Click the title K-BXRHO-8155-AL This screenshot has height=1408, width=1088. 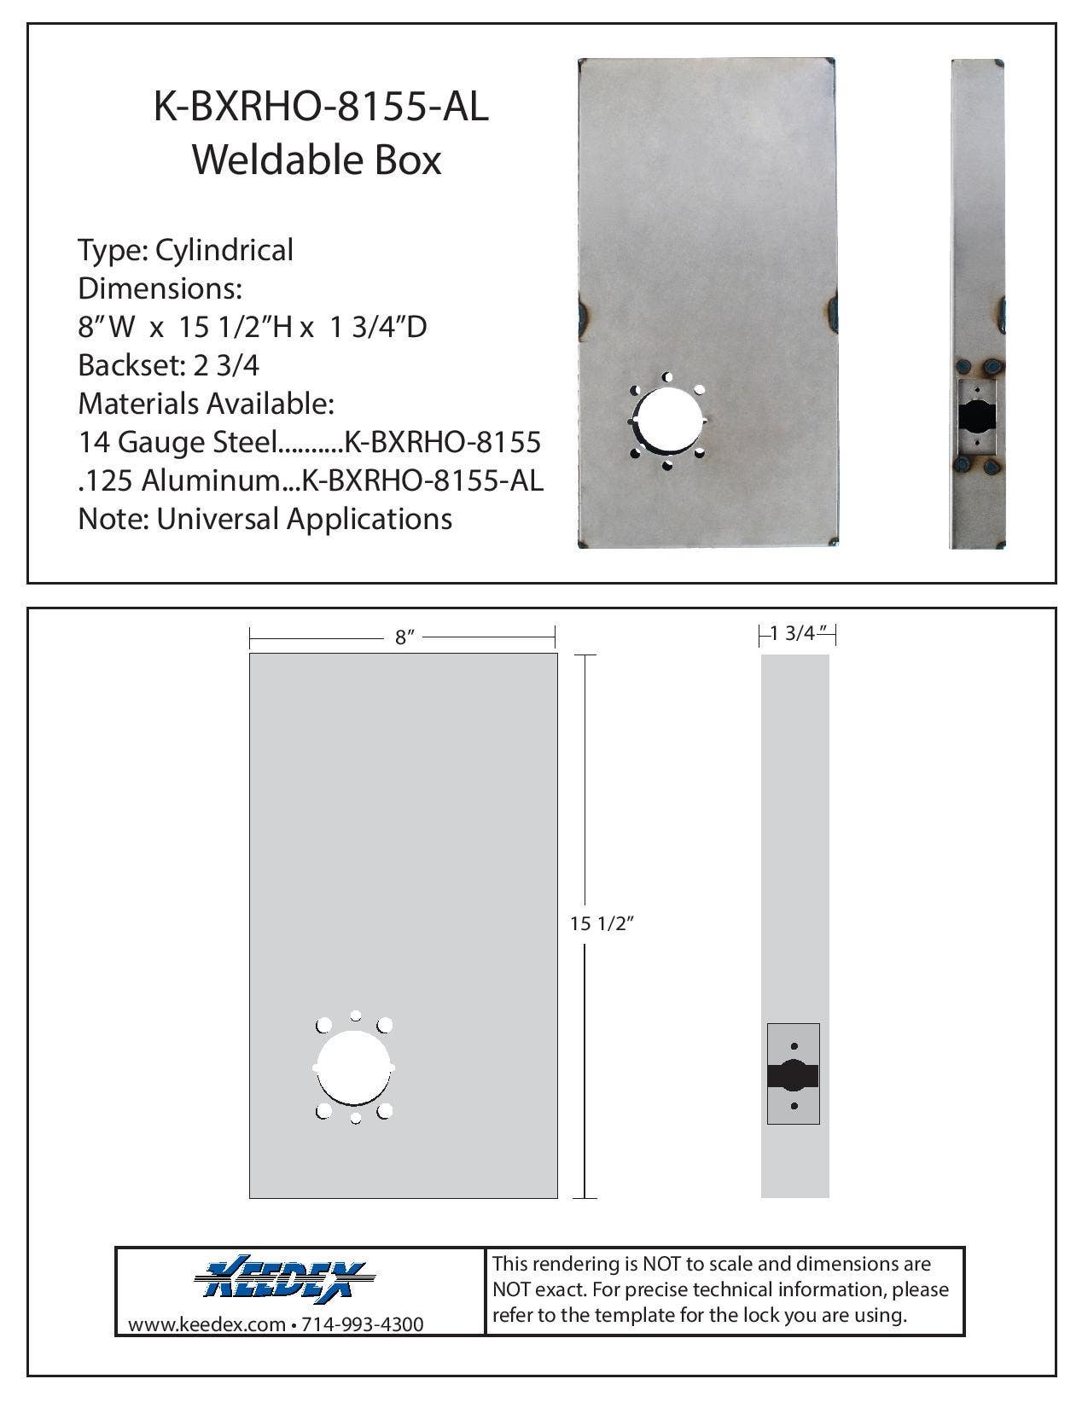321,108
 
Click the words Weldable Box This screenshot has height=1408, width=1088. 317,160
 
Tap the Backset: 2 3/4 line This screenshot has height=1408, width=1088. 168,365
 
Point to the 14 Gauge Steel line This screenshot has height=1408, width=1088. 309,442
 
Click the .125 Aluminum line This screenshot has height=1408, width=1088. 310,480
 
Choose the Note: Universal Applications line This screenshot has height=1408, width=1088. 265,519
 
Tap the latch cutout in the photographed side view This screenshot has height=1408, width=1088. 976,417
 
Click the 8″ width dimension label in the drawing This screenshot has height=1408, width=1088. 404,637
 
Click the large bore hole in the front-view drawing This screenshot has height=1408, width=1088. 354,1068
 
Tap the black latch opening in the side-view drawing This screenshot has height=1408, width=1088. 793,1076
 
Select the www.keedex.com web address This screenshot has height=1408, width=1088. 206,1324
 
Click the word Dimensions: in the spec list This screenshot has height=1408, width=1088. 160,288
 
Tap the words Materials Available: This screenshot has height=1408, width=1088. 206,404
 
